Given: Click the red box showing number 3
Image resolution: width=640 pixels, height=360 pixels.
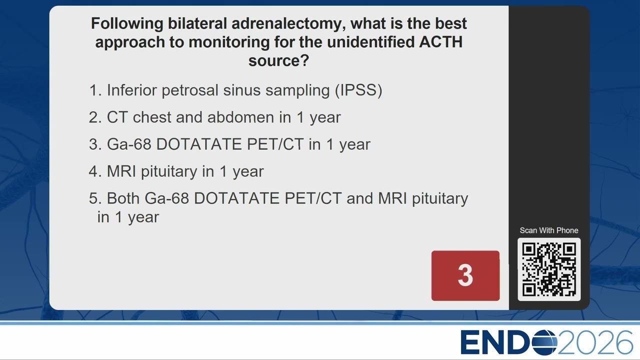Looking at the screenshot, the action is tap(465, 275).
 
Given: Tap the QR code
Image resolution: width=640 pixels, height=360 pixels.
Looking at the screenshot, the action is tap(549, 269).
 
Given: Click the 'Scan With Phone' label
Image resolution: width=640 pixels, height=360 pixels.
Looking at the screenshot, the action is tap(549, 230).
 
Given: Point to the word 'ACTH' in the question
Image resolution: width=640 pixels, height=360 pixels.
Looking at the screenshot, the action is tap(441, 42).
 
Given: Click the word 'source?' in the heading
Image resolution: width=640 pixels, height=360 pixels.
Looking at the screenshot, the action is tap(279, 60).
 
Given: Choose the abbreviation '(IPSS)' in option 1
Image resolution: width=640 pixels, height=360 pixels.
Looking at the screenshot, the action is tap(358, 90).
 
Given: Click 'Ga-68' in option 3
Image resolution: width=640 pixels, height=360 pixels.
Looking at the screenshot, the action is tap(129, 144).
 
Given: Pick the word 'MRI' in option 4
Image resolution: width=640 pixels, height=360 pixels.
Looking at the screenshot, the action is tap(121, 171).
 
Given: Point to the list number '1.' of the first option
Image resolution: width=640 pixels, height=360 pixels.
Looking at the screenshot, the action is tap(95, 90).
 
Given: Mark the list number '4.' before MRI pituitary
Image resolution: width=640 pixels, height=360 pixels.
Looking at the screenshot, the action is tap(95, 171).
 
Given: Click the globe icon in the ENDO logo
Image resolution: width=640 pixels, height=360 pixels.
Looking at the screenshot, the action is tap(545, 342).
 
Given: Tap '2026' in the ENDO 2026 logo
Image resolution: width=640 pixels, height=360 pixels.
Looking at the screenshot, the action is tap(595, 342).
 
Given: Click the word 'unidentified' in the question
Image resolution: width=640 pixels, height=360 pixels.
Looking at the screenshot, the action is tap(370, 42).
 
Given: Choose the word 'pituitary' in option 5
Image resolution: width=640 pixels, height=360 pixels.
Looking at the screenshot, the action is tap(440, 199).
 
